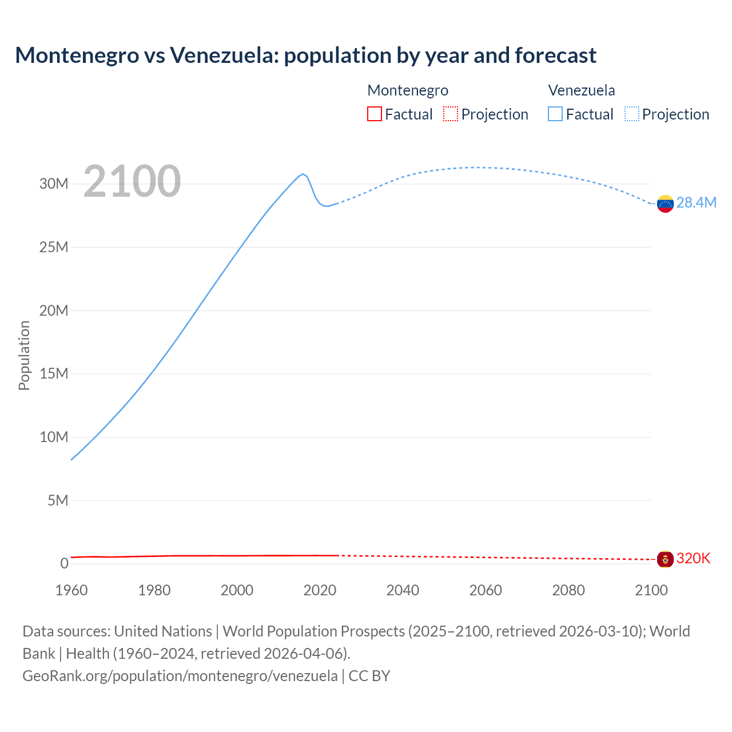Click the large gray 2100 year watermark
tap(132, 182)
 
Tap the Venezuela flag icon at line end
tap(665, 204)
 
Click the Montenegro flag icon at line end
tap(665, 559)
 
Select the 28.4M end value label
tap(697, 203)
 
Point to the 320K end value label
tap(693, 559)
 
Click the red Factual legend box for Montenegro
tap(375, 114)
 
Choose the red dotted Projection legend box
tap(451, 114)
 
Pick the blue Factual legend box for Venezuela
tap(555, 114)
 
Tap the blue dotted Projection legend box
tap(632, 114)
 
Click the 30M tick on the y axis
tap(54, 184)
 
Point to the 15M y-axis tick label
tap(54, 374)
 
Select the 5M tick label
tap(58, 501)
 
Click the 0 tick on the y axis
tap(64, 564)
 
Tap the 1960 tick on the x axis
tap(71, 591)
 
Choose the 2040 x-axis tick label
tap(403, 591)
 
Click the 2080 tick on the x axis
tap(568, 591)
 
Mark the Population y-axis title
tap(24, 355)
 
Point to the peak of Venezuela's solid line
tap(303, 174)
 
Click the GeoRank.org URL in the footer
tap(180, 676)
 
